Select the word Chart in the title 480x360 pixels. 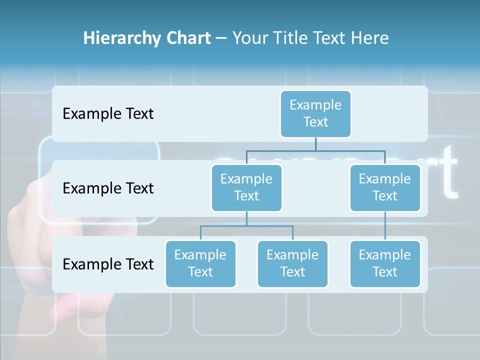(186, 38)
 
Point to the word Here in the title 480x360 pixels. (370, 38)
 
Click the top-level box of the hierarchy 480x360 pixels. (315, 113)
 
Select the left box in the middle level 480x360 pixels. (246, 187)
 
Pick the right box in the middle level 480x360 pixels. (385, 187)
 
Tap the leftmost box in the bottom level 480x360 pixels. (200, 263)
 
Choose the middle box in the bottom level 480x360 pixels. (292, 263)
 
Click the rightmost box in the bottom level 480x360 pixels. (385, 263)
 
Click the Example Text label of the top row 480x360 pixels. (108, 114)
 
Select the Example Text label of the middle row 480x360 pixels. (108, 188)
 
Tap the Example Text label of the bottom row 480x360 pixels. (108, 264)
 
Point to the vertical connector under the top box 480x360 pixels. (315, 144)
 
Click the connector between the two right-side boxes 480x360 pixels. (385, 226)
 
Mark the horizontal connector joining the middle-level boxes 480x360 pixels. (315, 150)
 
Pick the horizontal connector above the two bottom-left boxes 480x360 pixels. (246, 226)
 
